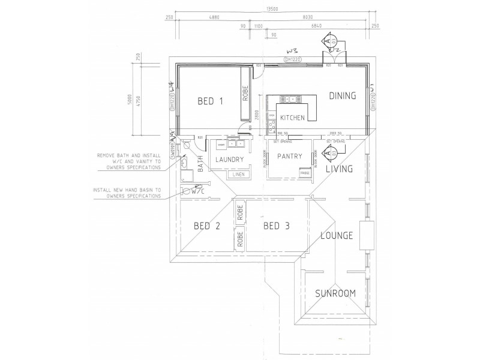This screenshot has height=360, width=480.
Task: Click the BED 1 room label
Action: (x=210, y=101)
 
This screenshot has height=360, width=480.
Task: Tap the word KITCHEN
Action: (x=292, y=118)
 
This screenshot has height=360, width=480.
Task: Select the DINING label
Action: (x=342, y=95)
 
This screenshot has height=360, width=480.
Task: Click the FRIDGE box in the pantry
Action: (x=305, y=173)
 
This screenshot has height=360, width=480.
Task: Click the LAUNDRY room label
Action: (x=227, y=160)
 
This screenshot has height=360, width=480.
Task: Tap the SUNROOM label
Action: (x=336, y=293)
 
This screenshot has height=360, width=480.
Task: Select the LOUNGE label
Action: (x=336, y=235)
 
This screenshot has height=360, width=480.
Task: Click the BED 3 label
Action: (x=277, y=226)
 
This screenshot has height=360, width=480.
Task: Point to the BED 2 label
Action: (x=207, y=226)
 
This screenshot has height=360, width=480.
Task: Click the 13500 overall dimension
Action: (x=272, y=9)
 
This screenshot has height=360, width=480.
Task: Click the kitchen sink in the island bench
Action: (x=291, y=99)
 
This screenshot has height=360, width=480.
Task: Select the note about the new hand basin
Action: (x=126, y=193)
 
